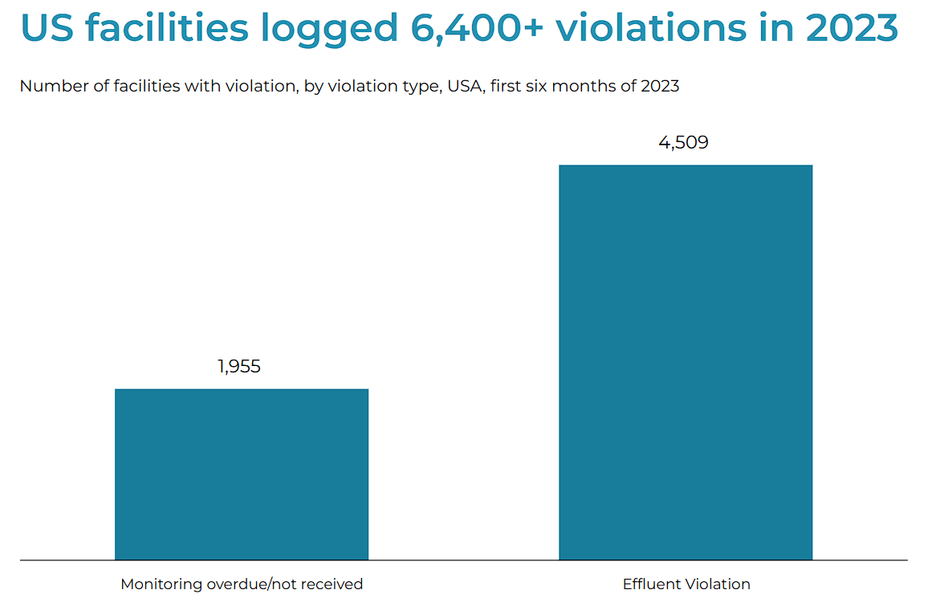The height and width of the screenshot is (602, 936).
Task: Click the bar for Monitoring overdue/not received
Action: (x=242, y=474)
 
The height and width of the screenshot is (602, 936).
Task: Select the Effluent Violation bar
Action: (x=686, y=361)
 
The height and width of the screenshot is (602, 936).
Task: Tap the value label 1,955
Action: (x=239, y=367)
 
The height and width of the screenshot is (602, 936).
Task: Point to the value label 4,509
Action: (x=683, y=143)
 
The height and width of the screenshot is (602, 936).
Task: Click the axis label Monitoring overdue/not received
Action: (x=242, y=584)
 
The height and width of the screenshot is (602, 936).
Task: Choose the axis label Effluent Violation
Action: (x=686, y=584)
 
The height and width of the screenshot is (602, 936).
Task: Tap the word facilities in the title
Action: (x=166, y=29)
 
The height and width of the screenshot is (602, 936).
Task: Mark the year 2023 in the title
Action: (x=852, y=29)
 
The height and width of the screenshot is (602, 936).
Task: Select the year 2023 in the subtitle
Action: (x=659, y=87)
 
